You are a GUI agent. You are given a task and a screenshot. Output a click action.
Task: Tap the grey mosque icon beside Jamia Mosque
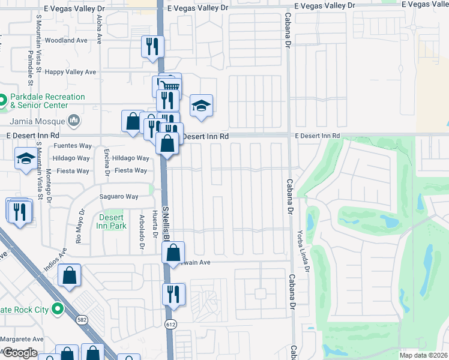(74, 120)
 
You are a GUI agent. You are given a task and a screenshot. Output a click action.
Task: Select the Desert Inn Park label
(112, 222)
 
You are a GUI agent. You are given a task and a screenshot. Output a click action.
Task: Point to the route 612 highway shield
(170, 324)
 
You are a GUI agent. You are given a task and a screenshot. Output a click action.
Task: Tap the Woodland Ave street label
(66, 41)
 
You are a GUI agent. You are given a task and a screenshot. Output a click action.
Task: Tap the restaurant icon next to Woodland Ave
(152, 46)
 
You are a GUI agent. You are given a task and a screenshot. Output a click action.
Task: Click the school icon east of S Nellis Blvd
(201, 106)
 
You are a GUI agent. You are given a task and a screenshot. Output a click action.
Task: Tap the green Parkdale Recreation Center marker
(2, 100)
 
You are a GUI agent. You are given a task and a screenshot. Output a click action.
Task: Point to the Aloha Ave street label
(100, 29)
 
